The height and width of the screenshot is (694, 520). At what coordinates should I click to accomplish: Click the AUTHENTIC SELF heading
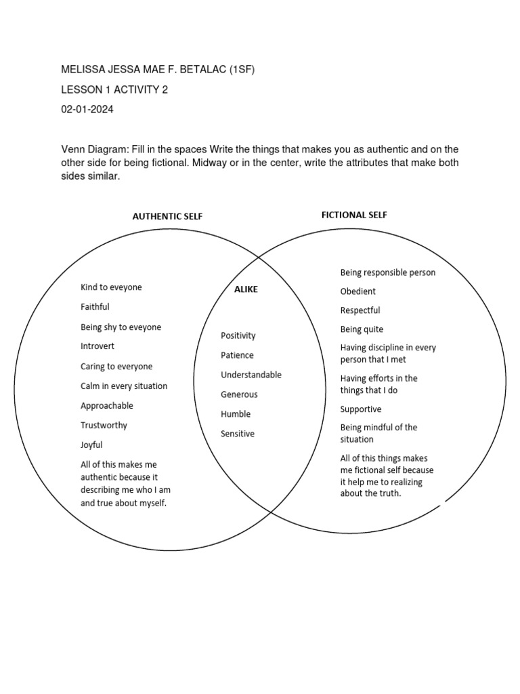pos(167,217)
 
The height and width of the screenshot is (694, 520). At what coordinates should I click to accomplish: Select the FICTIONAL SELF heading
pos(354,215)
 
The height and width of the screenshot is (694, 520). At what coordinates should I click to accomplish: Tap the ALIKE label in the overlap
pos(246,289)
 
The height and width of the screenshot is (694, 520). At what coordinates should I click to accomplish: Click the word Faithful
pos(95,307)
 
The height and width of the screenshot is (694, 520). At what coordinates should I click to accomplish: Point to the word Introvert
pos(97,346)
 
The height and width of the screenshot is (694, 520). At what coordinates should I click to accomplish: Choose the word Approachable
pos(107,406)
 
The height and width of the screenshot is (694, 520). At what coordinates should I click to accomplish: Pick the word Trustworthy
pos(104,426)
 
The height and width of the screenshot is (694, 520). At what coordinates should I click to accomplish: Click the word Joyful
pos(92,445)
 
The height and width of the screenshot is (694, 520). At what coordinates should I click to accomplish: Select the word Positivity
pos(238,335)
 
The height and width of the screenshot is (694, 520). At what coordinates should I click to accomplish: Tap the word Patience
pos(237,355)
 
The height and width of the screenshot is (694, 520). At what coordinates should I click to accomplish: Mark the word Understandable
pos(251,375)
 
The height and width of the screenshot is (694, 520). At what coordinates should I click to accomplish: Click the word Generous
pos(239,394)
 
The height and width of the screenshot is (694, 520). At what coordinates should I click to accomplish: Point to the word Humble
pos(236,414)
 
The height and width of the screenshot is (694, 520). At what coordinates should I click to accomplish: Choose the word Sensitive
pos(238,434)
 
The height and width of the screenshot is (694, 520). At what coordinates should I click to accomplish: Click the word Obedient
pos(358,291)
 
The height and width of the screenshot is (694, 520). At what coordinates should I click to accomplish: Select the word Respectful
pos(360,310)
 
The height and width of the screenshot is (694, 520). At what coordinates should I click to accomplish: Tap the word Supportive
pos(361,409)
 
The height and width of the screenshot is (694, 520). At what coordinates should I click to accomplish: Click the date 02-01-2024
pos(87,110)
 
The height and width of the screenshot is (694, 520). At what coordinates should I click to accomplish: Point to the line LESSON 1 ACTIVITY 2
pos(114,90)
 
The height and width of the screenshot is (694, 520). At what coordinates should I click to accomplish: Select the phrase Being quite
pos(362,329)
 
